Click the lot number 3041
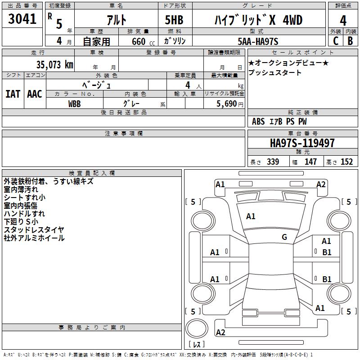[x=22, y=19]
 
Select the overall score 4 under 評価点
[x=343, y=21]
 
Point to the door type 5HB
[x=175, y=20]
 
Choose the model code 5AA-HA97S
[x=258, y=41]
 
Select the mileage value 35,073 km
[x=51, y=64]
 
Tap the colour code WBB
[x=75, y=103]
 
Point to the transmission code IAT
[x=13, y=94]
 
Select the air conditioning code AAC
[x=35, y=94]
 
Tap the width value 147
[x=310, y=162]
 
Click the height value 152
[x=346, y=162]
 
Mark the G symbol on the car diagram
[x=284, y=237]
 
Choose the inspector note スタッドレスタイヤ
[x=34, y=230]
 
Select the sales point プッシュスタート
[x=269, y=72]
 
